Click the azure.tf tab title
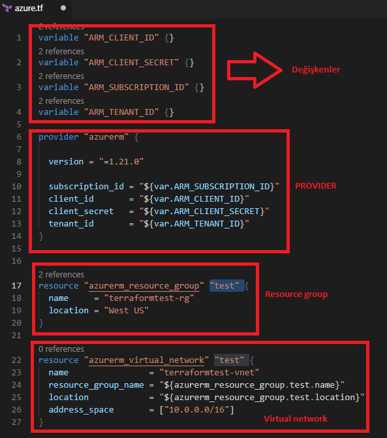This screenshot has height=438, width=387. pyautogui.click(x=29, y=8)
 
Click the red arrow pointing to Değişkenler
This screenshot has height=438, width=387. pyautogui.click(x=255, y=70)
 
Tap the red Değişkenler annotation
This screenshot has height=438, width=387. pyautogui.click(x=316, y=70)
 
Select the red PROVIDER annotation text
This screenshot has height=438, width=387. pyautogui.click(x=316, y=186)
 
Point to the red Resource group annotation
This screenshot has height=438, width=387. pyautogui.click(x=296, y=294)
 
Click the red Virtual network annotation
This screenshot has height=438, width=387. pyautogui.click(x=296, y=418)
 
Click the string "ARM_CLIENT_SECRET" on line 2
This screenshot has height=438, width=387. pyautogui.click(x=132, y=62)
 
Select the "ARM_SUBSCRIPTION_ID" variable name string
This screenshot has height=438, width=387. pyautogui.click(x=136, y=87)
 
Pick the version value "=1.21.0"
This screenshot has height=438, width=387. pyautogui.click(x=121, y=161)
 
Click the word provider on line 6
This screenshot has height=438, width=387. pyautogui.click(x=58, y=137)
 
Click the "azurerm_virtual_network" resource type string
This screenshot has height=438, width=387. pyautogui.click(x=146, y=360)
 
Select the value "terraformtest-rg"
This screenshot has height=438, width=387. pyautogui.click(x=149, y=298)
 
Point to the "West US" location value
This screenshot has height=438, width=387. pyautogui.click(x=126, y=310)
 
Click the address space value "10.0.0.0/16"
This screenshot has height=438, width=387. pyautogui.click(x=197, y=409)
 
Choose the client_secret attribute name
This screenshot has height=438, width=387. pyautogui.click(x=81, y=211)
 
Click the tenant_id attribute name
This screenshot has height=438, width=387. pyautogui.click(x=71, y=223)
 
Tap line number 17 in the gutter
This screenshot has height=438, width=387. pyautogui.click(x=16, y=286)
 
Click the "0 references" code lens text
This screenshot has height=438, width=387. pyautogui.click(x=61, y=349)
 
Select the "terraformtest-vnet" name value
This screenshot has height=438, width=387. pyautogui.click(x=209, y=372)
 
